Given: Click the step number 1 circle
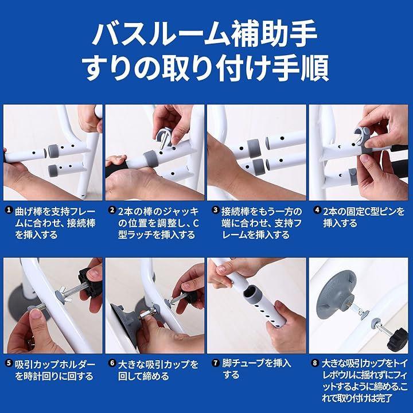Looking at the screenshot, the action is click(9, 210).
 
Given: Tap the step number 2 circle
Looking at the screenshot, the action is click(112, 210).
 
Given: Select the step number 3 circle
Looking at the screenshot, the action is click(216, 210).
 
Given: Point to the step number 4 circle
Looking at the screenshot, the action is click(317, 210).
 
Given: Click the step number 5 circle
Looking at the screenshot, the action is click(9, 364).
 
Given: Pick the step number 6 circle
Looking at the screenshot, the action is click(112, 364).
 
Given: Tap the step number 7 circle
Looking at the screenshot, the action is click(216, 364).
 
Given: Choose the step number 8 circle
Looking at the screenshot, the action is click(315, 364).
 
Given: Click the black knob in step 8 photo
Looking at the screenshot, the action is click(398, 339).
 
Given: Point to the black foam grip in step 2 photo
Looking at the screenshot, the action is click(116, 169).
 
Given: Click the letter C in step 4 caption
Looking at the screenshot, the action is click(363, 212).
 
